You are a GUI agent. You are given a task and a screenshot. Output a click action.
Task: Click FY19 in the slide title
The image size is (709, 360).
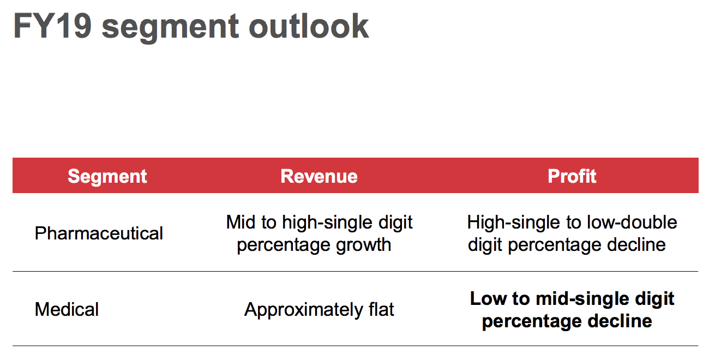(x=52, y=26)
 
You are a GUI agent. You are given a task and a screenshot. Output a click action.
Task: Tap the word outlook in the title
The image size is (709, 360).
(x=309, y=26)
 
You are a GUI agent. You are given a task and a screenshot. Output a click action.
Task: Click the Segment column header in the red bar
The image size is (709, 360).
(x=107, y=176)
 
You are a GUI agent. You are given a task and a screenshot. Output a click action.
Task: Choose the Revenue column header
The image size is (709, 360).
(x=319, y=176)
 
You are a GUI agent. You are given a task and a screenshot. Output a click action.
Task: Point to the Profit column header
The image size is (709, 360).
(x=572, y=176)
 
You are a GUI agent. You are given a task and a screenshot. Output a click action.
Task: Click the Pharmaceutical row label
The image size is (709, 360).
(x=99, y=233)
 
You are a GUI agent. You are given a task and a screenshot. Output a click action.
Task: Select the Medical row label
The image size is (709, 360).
(x=67, y=309)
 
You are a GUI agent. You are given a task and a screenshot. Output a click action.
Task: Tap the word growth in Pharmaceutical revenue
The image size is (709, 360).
(x=364, y=245)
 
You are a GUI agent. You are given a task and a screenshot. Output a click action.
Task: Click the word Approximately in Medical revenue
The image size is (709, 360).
(x=304, y=310)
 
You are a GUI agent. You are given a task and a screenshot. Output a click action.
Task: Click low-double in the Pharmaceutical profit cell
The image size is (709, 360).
(x=632, y=222)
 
